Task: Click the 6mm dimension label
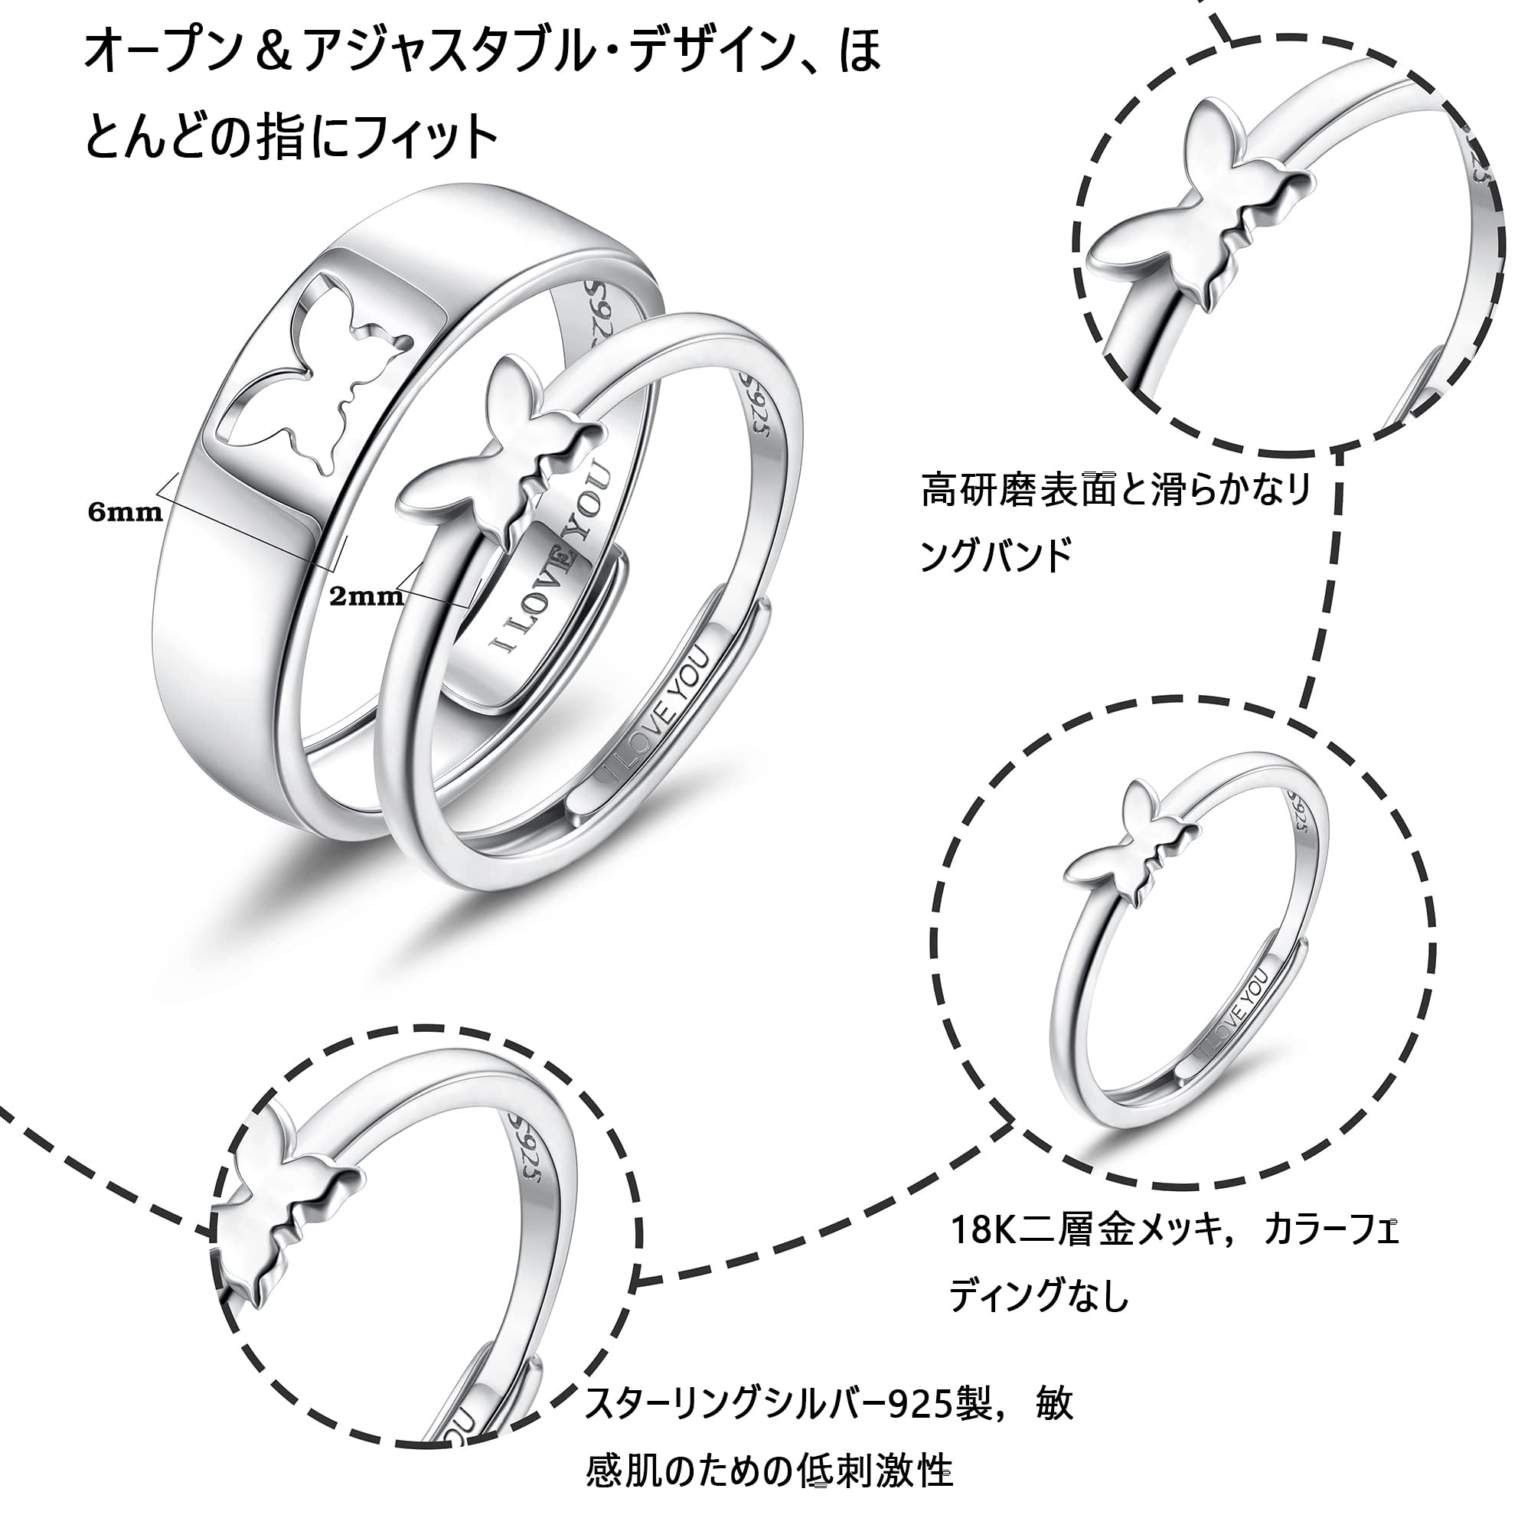(126, 512)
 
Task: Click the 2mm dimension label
(366, 596)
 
